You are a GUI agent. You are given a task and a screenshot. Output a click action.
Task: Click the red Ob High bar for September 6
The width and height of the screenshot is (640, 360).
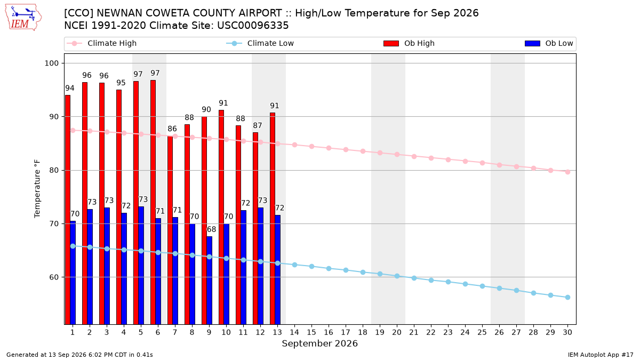pos(153,202)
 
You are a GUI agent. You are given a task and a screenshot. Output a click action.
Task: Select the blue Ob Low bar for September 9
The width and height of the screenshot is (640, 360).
pos(210,281)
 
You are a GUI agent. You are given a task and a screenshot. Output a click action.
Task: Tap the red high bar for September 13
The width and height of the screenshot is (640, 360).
pos(273,218)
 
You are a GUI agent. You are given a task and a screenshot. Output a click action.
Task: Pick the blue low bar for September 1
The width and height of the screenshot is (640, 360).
pos(73,273)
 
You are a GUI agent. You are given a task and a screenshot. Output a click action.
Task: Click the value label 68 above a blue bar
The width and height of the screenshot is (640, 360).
pos(211,229)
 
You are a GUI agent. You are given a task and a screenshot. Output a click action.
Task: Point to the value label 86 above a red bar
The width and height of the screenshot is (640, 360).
pos(172,129)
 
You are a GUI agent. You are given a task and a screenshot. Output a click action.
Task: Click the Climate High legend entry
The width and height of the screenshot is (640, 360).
pos(102,43)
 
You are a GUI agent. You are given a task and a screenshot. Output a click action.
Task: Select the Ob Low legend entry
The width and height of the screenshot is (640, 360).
pos(549,43)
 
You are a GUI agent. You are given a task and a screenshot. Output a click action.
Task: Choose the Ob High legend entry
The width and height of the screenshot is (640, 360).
pos(409,43)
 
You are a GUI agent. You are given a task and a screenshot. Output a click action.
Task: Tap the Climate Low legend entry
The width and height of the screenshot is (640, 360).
pos(260,43)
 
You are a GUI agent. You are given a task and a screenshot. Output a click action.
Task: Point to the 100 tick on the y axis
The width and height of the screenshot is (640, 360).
pos(52,63)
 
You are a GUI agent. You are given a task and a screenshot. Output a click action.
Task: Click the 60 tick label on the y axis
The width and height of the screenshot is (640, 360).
pos(54,277)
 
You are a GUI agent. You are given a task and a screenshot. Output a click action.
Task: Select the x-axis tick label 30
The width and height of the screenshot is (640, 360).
pos(567,332)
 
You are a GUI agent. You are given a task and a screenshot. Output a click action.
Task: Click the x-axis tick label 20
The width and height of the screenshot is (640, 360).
pos(397,332)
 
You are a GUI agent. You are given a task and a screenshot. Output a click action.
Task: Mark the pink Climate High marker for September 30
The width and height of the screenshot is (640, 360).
pos(567,172)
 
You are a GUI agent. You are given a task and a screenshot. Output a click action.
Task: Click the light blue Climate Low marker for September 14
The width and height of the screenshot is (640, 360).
pos(294,265)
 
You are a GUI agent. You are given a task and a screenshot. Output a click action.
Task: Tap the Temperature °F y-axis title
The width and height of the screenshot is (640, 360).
pos(37,189)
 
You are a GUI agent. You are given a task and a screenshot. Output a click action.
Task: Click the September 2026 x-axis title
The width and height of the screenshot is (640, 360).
pos(319,343)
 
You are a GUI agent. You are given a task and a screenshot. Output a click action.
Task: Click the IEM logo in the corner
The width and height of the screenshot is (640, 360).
pos(23,18)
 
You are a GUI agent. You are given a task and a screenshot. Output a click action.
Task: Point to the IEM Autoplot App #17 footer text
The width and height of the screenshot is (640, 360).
pos(601,355)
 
